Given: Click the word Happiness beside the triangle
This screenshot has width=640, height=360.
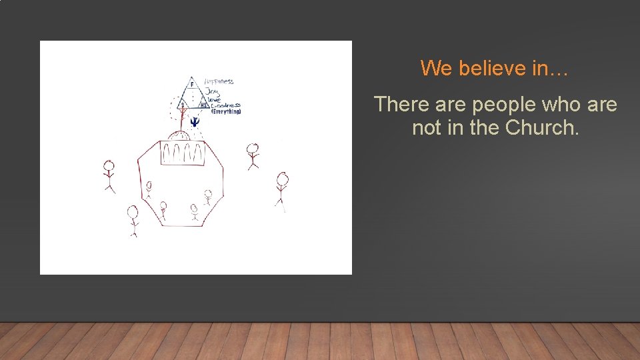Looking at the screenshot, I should pyautogui.click(x=219, y=81).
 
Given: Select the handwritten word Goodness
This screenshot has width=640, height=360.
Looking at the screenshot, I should pyautogui.click(x=225, y=105).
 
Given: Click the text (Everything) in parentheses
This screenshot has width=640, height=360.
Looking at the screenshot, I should pyautogui.click(x=226, y=111).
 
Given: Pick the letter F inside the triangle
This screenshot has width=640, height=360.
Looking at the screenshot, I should pyautogui.click(x=192, y=85).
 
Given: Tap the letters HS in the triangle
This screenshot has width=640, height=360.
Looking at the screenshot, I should pyautogui.click(x=203, y=105).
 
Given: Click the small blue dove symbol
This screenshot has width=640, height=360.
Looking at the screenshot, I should pyautogui.click(x=195, y=121).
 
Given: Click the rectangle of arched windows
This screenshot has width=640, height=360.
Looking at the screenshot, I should pyautogui.click(x=180, y=154).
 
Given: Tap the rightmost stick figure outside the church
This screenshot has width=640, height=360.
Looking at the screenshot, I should pyautogui.click(x=282, y=189).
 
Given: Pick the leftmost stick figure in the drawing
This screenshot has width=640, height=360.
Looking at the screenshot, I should pyautogui.click(x=109, y=175).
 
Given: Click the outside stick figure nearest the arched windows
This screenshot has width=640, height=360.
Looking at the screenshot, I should pyautogui.click(x=253, y=155).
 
